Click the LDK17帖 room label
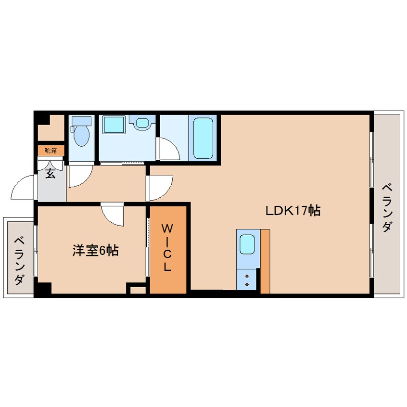[x=293, y=210]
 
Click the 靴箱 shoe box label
[x=51, y=151]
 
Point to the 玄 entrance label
[x=51, y=173]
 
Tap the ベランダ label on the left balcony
[x=19, y=260]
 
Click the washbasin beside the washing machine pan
[x=142, y=123]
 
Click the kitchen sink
[x=248, y=244]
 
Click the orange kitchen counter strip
[x=265, y=261]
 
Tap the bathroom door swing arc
[x=168, y=149]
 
